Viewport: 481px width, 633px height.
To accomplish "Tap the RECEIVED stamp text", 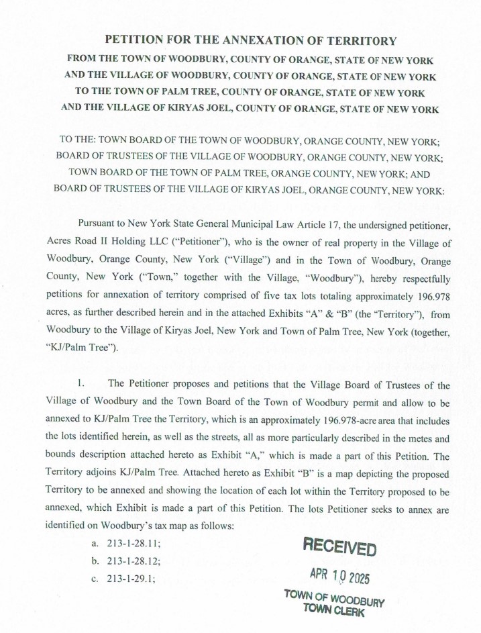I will click(339, 546).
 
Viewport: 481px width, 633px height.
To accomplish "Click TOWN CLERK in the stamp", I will click(333, 610).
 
